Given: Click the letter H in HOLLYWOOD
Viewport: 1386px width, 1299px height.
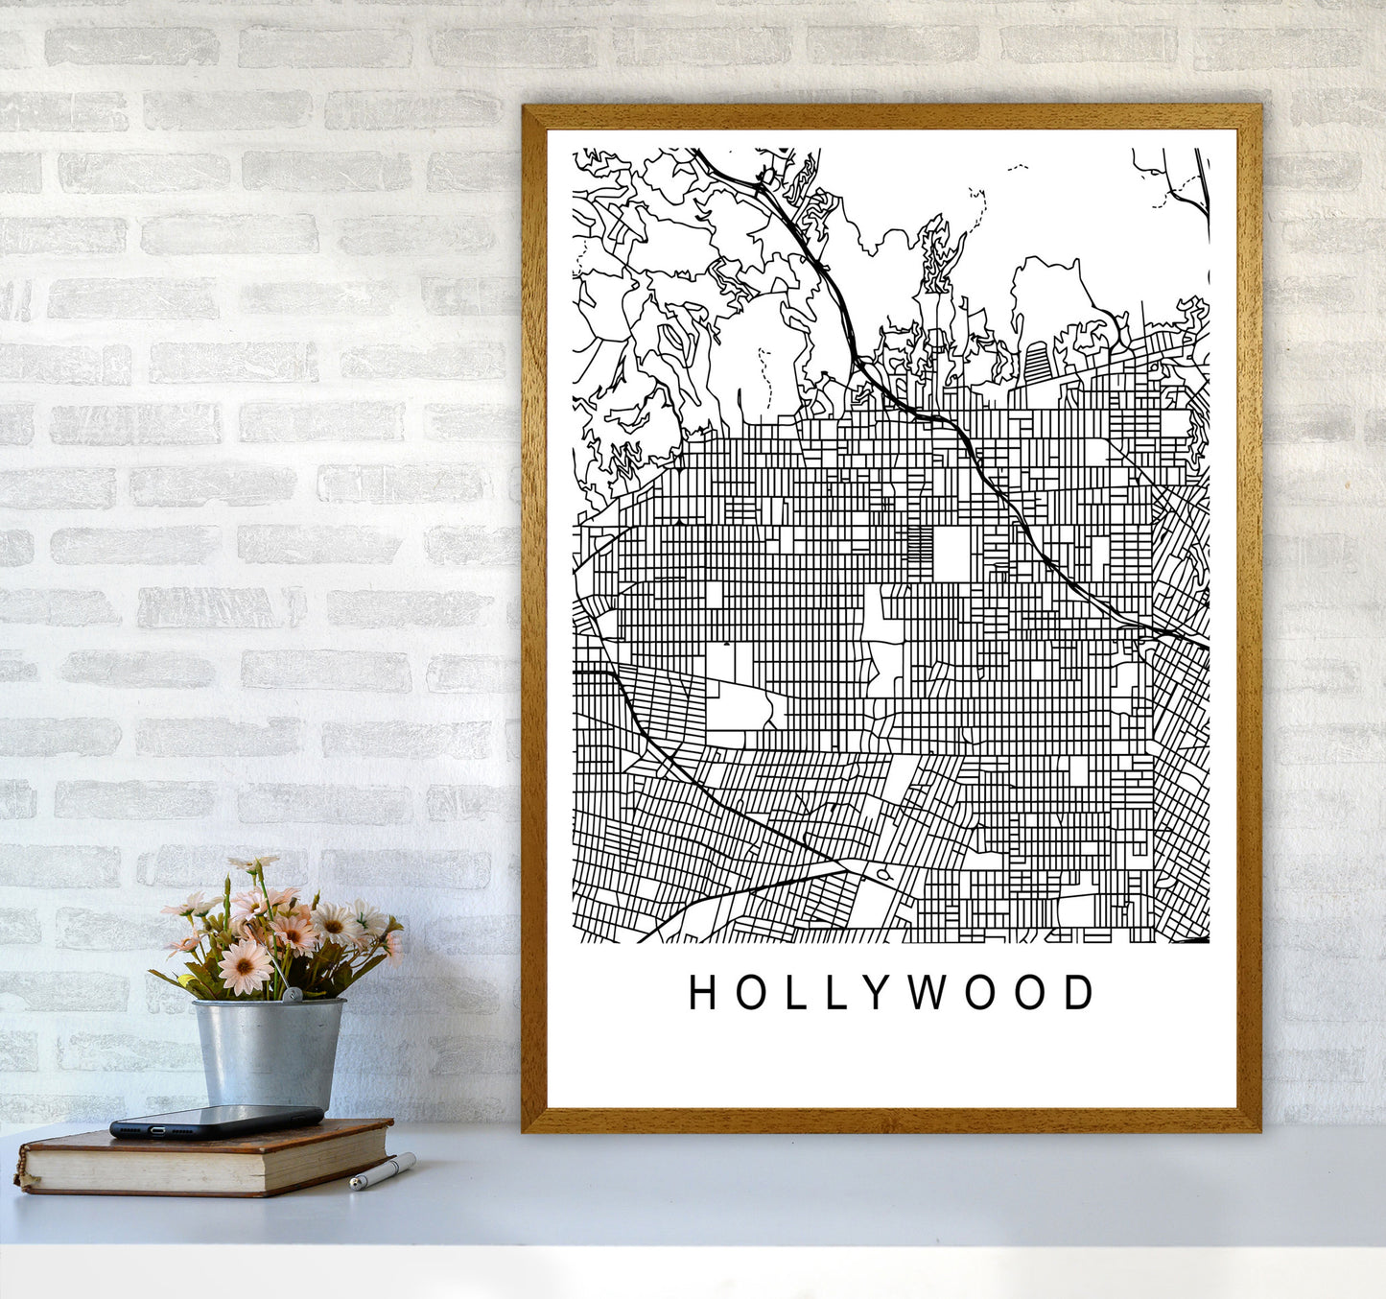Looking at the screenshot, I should pyautogui.click(x=704, y=993).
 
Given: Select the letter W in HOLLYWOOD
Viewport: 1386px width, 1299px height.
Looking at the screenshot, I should pyautogui.click(x=928, y=993).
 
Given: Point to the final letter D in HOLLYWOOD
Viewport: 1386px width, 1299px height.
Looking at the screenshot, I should pyautogui.click(x=1079, y=993).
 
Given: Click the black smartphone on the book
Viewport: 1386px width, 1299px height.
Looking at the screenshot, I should pyautogui.click(x=216, y=1121).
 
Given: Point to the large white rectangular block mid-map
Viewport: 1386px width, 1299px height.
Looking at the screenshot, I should pyautogui.click(x=951, y=554).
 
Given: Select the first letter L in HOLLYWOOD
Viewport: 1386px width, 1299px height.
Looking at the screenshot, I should pyautogui.click(x=791, y=993).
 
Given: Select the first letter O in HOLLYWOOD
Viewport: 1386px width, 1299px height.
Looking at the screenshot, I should pyautogui.click(x=747, y=993).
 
